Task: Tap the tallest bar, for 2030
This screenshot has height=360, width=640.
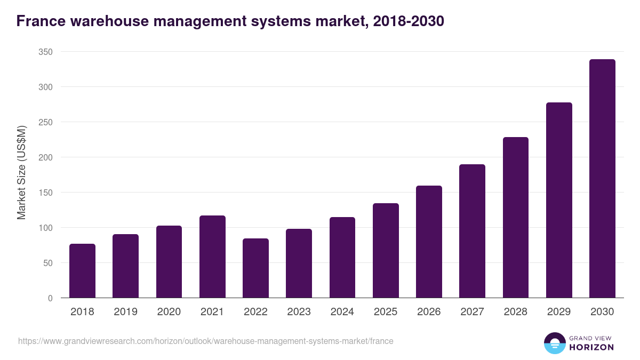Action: pyautogui.click(x=602, y=179)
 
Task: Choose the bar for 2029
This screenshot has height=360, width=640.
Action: pyautogui.click(x=559, y=200)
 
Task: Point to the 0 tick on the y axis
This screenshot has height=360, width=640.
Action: pyautogui.click(x=50, y=298)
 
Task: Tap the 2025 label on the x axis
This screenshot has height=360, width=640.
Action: pyautogui.click(x=386, y=312)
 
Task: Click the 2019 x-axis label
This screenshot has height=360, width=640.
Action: pyautogui.click(x=125, y=312)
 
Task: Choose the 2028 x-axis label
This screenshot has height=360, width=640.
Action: pyautogui.click(x=516, y=312)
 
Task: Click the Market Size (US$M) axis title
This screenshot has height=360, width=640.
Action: pyautogui.click(x=21, y=173)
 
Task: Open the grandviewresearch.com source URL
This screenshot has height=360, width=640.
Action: pyautogui.click(x=205, y=341)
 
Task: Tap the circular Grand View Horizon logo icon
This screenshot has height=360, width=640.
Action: pyautogui.click(x=554, y=343)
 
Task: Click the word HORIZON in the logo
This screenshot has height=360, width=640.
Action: pyautogui.click(x=591, y=347)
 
